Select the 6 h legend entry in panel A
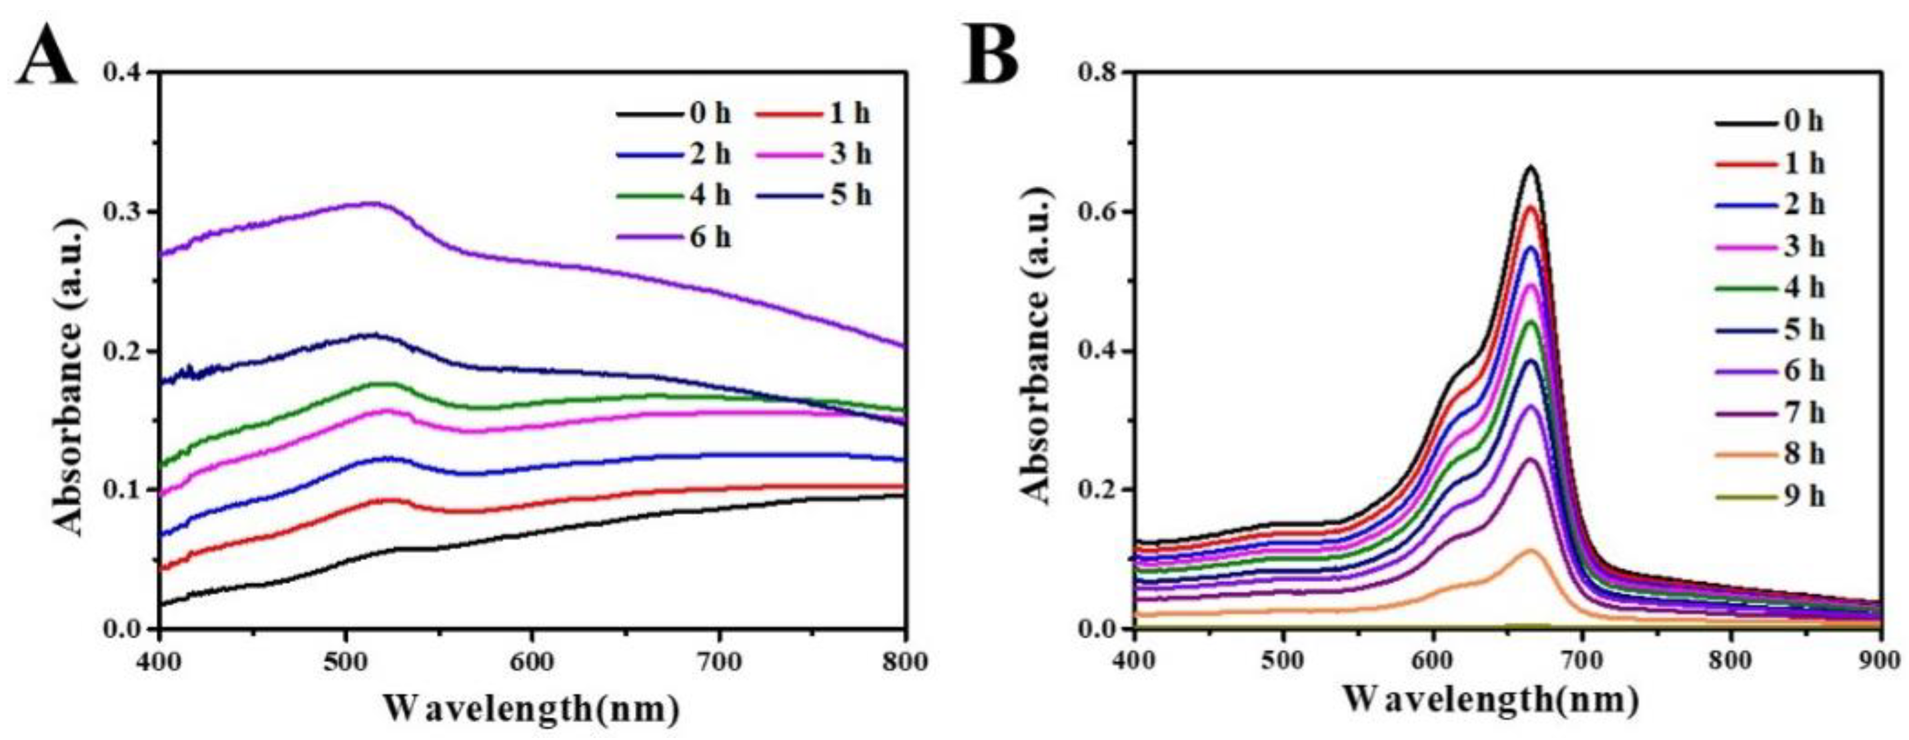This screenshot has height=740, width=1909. pos(674,239)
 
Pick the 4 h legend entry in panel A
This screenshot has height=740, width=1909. pos(674,196)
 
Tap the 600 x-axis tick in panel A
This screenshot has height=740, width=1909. pos(532,661)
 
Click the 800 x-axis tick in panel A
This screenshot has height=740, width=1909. pos(904,661)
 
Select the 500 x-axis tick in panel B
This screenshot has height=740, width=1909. pos(1283,661)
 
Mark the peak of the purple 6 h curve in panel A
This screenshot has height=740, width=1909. pos(374,203)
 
